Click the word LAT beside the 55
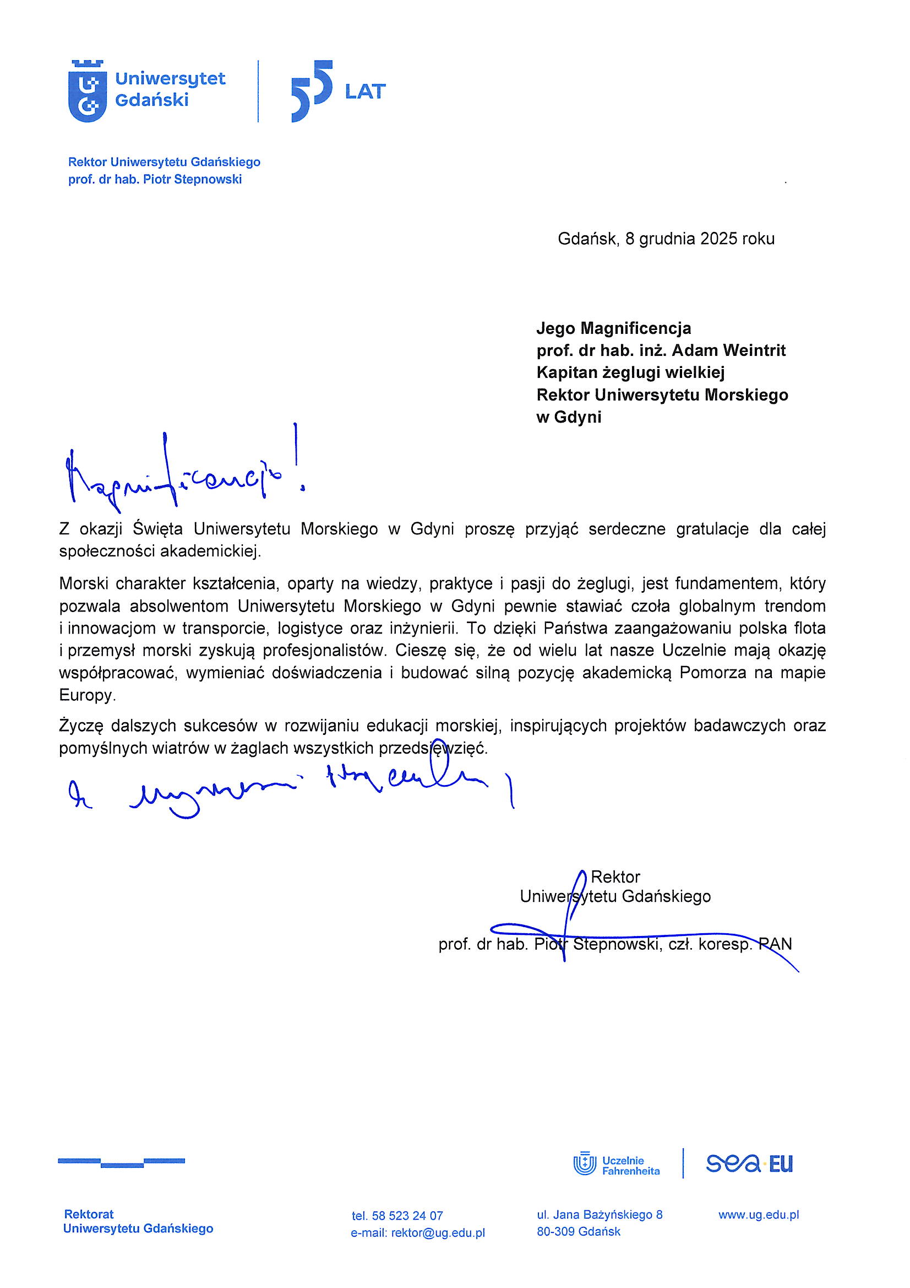(x=365, y=91)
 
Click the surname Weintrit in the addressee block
(x=754, y=350)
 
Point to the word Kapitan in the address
(x=566, y=372)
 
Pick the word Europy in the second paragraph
(x=87, y=696)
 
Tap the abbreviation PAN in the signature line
(x=775, y=944)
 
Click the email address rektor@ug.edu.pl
(x=438, y=1233)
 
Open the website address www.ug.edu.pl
(x=758, y=1215)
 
